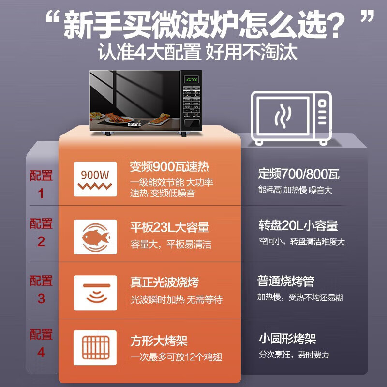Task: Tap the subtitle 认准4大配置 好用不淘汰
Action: [x=197, y=52]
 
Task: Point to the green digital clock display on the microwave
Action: [x=192, y=79]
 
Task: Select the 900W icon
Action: [x=95, y=179]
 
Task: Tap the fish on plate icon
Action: [x=95, y=237]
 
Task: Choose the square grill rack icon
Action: [x=95, y=348]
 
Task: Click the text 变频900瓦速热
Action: [x=169, y=167]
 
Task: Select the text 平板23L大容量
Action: [x=169, y=227]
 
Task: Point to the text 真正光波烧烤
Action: [x=164, y=282]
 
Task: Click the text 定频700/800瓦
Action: [x=298, y=173]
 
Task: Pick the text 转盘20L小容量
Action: [x=298, y=225]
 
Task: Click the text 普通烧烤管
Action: [x=286, y=281]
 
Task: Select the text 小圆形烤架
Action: [x=287, y=339]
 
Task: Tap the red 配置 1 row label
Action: [x=41, y=184]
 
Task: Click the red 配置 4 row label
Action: [x=41, y=343]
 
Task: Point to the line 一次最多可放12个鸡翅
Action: [x=177, y=357]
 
